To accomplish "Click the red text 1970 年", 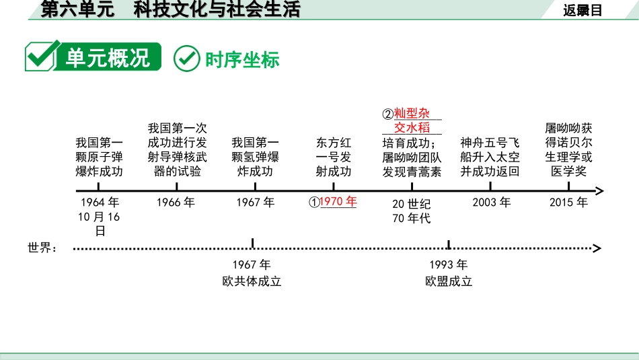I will click(338, 201).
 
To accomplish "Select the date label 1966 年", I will click(176, 202).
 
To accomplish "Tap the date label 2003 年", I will click(491, 202).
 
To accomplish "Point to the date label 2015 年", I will click(568, 202).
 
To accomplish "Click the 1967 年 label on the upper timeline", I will click(255, 202).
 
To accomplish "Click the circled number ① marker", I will click(313, 202).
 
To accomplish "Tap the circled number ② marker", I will click(387, 114).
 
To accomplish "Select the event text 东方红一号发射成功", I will click(334, 157).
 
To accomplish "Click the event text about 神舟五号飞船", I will click(490, 157).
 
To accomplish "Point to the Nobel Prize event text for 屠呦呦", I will click(569, 149).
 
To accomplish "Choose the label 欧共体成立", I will click(252, 281).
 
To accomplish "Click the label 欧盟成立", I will click(449, 281).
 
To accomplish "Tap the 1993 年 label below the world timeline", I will click(449, 264).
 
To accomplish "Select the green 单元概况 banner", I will click(93, 58).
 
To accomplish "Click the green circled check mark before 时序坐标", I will click(187, 59).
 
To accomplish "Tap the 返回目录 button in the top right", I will click(582, 9).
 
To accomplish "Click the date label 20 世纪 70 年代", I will click(411, 211).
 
